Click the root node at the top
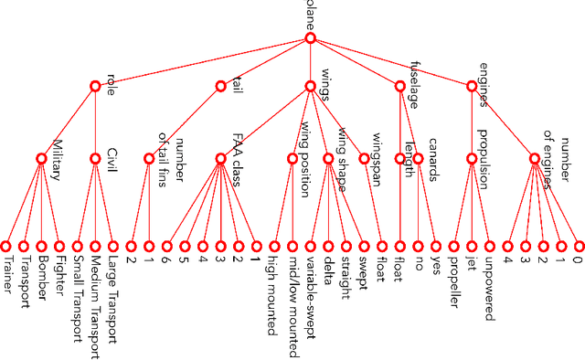(310, 39)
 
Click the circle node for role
(95, 86)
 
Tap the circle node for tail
(220, 86)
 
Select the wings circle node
(310, 86)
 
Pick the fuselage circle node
(399, 86)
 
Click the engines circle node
(472, 86)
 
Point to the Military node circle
(41, 158)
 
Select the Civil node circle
(95, 158)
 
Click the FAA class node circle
(220, 158)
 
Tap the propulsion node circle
(472, 158)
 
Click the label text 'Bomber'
(43, 284)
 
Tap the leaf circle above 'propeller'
(453, 246)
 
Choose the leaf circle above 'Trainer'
(5, 246)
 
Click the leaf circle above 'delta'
(328, 246)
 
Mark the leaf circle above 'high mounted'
(274, 246)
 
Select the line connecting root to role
(201, 63)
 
